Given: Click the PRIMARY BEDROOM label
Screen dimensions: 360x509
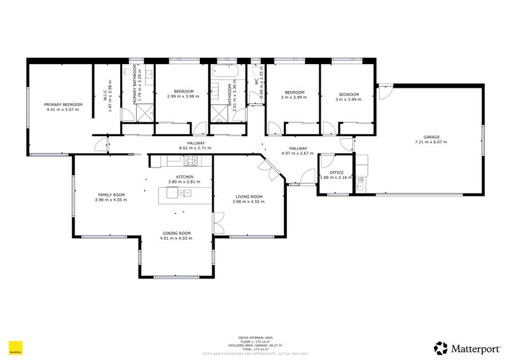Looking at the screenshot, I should point(64,104).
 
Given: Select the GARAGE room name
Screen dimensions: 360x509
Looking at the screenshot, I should point(431,137).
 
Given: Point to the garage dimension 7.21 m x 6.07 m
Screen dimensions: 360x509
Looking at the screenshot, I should point(431,142).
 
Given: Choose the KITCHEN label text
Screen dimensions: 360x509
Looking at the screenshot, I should point(185,177).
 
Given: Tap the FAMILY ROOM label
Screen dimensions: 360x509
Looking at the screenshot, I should point(111,195).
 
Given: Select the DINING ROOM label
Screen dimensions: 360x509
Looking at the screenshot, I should point(176,233).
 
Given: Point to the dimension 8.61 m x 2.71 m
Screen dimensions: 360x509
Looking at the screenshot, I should point(195,148).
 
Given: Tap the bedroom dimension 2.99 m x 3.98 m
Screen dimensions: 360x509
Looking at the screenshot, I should point(183,97).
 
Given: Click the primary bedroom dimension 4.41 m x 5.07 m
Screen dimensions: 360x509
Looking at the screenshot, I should point(64,109).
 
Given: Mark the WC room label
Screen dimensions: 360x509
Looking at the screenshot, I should point(256,81).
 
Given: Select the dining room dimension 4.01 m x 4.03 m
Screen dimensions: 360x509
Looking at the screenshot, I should point(176,239).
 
